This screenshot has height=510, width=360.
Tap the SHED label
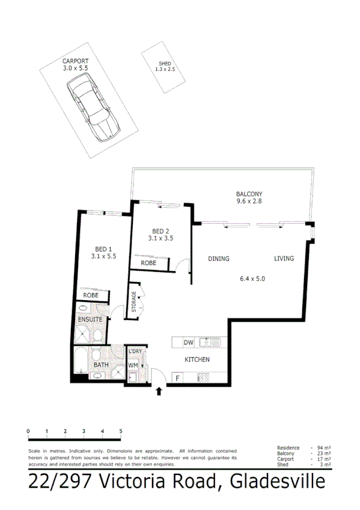tap(165, 63)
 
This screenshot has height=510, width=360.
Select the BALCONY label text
tap(249, 194)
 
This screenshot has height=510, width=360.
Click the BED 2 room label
tap(160, 231)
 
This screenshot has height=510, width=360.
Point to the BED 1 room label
tap(103, 249)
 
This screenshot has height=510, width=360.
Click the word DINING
tap(219, 259)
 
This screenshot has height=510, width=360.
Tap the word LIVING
tap(284, 259)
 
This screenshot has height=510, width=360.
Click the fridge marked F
tap(178, 378)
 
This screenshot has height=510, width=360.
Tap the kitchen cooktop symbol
tap(203, 378)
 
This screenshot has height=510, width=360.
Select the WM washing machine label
tap(132, 365)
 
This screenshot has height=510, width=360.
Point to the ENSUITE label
tap(91, 319)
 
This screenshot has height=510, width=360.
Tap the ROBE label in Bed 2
tap(148, 263)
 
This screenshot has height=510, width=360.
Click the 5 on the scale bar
tap(121, 431)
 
